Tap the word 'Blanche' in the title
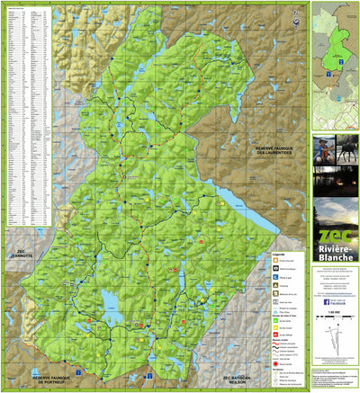tap(335, 255)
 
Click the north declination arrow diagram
tap(334, 335)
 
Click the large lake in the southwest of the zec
tap(111, 299)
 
